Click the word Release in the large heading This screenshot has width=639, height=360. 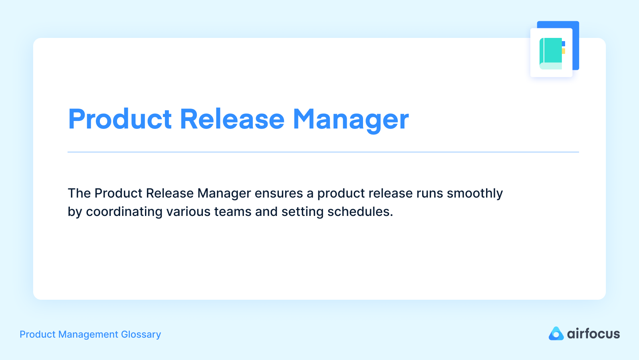232,119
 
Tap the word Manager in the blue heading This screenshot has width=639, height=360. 351,119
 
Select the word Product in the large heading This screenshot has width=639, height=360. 120,119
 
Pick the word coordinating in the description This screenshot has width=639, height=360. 124,212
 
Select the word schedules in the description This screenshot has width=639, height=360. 360,212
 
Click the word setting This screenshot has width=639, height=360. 302,212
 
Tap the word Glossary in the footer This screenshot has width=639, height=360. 141,334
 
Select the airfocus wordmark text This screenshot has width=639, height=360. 593,334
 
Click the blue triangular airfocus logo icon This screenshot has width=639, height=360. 556,334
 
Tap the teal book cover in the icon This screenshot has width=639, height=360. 552,50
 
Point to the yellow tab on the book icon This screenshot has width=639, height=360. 564,51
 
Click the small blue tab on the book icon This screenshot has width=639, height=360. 564,44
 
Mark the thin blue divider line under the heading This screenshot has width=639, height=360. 323,152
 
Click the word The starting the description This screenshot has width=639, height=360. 79,193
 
